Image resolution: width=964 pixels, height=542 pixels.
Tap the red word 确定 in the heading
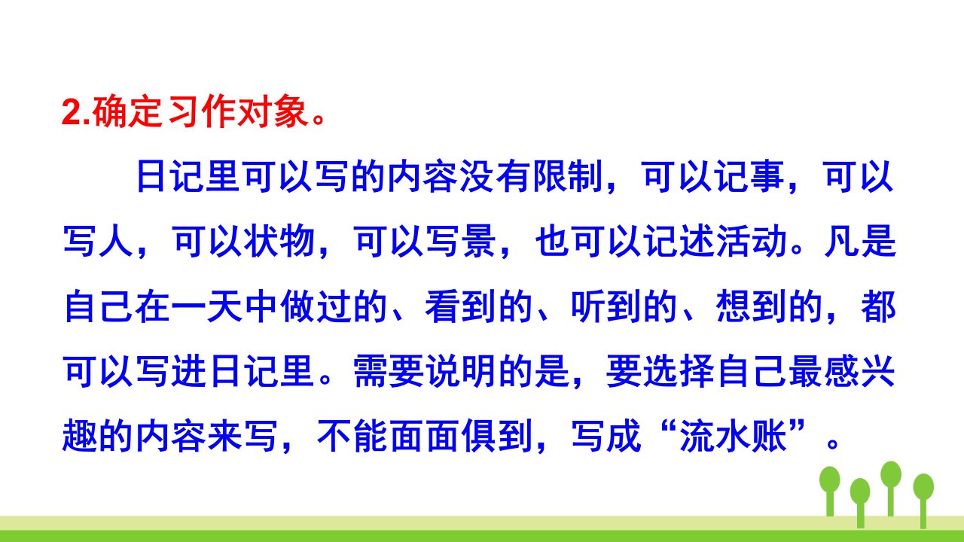(128, 112)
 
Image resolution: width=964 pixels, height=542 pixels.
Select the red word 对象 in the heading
(272, 112)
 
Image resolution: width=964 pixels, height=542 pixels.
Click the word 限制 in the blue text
(568, 177)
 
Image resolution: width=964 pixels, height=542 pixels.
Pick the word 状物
(279, 242)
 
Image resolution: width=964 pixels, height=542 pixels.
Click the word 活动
(752, 242)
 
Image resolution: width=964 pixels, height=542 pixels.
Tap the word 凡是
(861, 242)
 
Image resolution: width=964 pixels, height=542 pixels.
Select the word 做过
(315, 306)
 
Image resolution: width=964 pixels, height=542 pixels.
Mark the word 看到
(460, 306)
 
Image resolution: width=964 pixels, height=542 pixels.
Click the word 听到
(606, 306)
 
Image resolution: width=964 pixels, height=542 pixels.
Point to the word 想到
(752, 306)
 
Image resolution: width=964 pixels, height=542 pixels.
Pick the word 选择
(679, 372)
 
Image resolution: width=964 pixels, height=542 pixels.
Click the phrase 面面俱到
(462, 437)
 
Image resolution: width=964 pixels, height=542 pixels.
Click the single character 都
(878, 306)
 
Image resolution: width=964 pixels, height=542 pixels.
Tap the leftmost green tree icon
(830, 491)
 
